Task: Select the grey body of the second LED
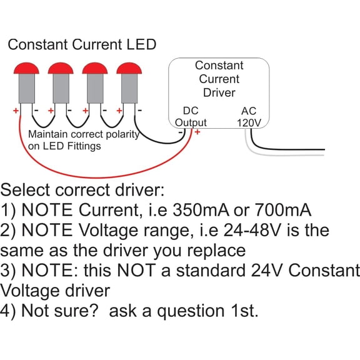click(x=61, y=87)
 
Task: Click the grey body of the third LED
click(x=95, y=87)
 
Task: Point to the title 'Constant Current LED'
click(x=82, y=44)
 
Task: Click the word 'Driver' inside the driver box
click(x=219, y=92)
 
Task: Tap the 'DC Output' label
click(x=190, y=117)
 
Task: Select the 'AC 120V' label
click(x=249, y=117)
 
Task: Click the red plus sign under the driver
click(x=197, y=132)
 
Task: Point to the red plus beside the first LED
click(x=16, y=111)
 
